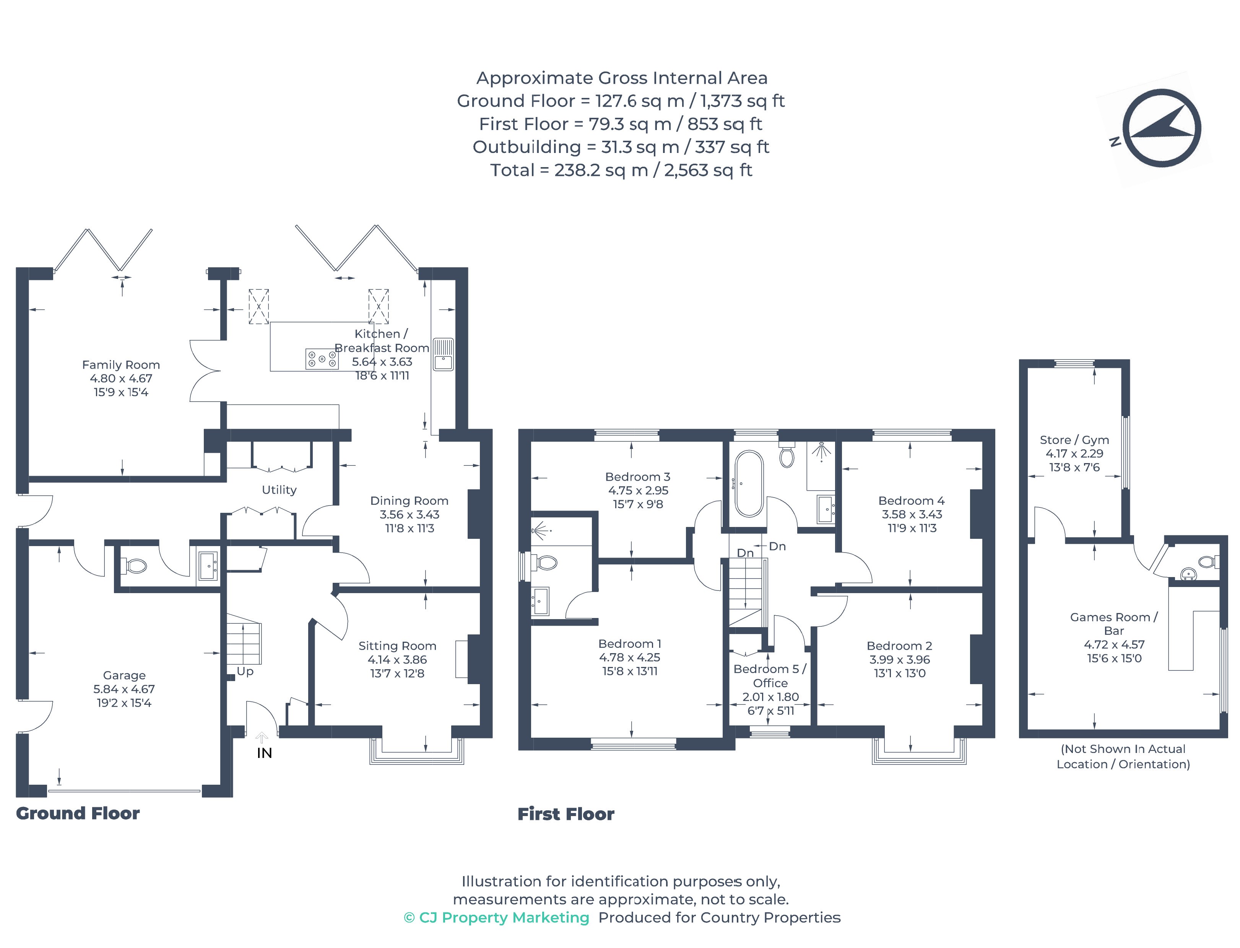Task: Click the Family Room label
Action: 121,364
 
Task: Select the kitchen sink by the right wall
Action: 443,354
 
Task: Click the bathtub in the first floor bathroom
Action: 749,484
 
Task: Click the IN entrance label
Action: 264,753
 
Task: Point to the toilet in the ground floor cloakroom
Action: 135,565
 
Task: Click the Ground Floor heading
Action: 78,813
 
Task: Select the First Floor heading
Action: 566,814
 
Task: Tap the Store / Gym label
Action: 1074,439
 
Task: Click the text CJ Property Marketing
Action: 504,917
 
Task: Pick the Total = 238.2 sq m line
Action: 621,170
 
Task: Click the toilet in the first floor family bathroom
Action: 787,456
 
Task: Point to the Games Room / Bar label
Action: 1114,624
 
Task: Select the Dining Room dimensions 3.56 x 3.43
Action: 409,514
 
